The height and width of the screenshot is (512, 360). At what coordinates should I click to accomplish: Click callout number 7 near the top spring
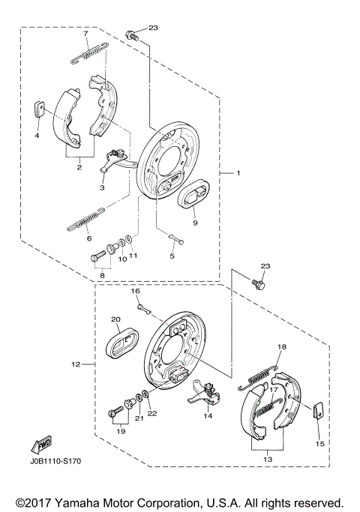[x=85, y=34]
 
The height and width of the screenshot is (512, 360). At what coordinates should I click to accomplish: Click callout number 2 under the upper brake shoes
[x=79, y=168]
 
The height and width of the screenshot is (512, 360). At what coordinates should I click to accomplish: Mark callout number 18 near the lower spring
[x=281, y=347]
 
